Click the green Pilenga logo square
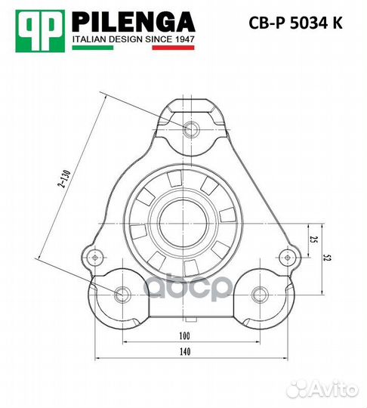(40, 31)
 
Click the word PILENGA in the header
(134, 22)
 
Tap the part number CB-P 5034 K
(295, 23)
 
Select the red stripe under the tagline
(173, 48)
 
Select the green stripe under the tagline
(93, 48)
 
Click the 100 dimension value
(185, 335)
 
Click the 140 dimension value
(185, 351)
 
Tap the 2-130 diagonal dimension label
(64, 178)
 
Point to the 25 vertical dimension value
(314, 240)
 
